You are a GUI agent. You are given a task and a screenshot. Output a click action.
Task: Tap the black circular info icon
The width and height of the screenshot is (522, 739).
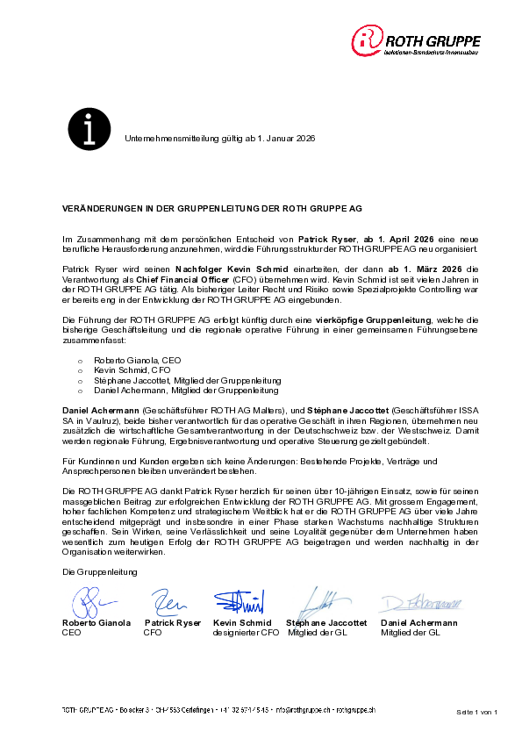click(89, 127)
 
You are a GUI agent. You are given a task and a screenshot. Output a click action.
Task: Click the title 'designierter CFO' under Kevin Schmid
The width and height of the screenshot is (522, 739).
click(246, 632)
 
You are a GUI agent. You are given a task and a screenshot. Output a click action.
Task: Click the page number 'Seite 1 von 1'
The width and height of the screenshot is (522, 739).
click(477, 711)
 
